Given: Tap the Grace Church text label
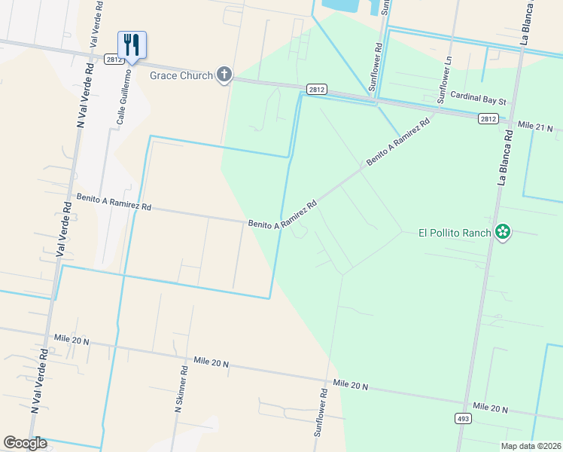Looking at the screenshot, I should [181, 75].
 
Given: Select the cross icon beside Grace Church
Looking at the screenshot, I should [224, 74].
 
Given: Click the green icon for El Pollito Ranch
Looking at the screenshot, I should [504, 233].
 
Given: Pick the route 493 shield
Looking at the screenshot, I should [464, 417].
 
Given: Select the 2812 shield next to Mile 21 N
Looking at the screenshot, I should [488, 118].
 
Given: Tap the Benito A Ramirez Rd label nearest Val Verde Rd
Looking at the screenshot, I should [114, 201].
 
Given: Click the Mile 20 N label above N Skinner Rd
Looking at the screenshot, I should [210, 363].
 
